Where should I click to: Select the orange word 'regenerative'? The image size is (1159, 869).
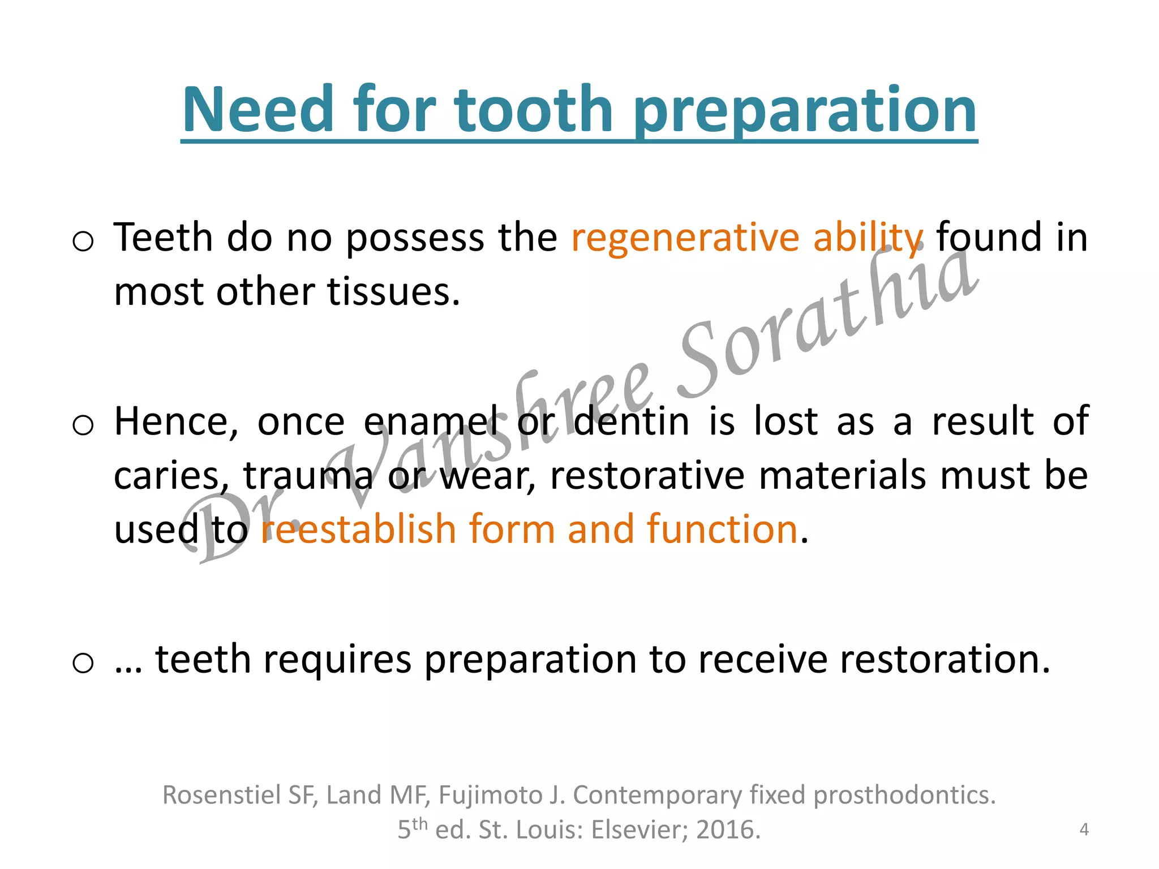tap(685, 238)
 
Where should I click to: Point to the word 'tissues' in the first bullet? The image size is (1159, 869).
tap(394, 292)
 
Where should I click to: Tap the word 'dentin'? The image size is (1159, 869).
tap(632, 421)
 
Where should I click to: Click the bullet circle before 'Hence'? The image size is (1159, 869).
tap(83, 425)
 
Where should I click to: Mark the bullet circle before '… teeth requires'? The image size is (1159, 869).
tap(83, 662)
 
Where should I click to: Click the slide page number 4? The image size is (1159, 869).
tap(1084, 829)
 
